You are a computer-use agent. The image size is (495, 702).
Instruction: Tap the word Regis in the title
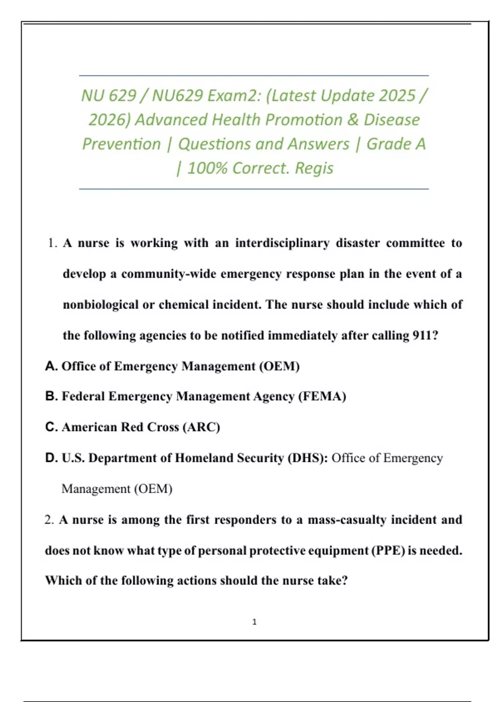coord(314,168)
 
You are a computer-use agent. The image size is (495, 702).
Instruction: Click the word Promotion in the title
coord(304,120)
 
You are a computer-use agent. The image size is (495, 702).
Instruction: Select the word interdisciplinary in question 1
coord(282,243)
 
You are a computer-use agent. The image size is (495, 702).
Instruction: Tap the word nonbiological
coord(101,305)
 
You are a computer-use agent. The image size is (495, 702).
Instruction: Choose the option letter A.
coord(51,366)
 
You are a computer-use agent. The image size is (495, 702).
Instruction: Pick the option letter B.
coord(51,396)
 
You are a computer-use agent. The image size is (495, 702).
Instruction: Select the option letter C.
coord(51,427)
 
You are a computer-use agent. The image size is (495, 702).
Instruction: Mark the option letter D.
coord(51,458)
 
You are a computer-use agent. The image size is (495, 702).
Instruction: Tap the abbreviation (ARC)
coord(201,427)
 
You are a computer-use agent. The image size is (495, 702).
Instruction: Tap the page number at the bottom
coord(254,622)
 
